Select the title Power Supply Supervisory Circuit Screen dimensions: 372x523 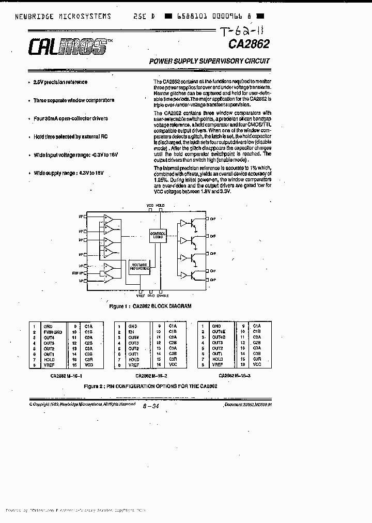[x=209, y=61]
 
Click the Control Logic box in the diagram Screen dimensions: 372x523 [x=158, y=235]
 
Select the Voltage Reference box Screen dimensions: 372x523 [x=139, y=266]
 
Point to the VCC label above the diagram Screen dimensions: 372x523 [x=150, y=205]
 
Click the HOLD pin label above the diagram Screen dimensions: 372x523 [x=160, y=205]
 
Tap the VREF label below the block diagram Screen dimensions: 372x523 [x=141, y=297]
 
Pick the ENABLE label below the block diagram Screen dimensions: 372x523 [x=163, y=297]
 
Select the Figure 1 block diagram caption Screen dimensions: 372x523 [x=150, y=306]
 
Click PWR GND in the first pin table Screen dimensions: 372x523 [x=52, y=332]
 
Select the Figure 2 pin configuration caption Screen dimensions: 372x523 [x=150, y=386]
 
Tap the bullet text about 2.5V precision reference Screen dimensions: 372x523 [x=60, y=82]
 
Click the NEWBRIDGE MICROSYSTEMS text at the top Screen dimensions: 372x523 [x=63, y=16]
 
